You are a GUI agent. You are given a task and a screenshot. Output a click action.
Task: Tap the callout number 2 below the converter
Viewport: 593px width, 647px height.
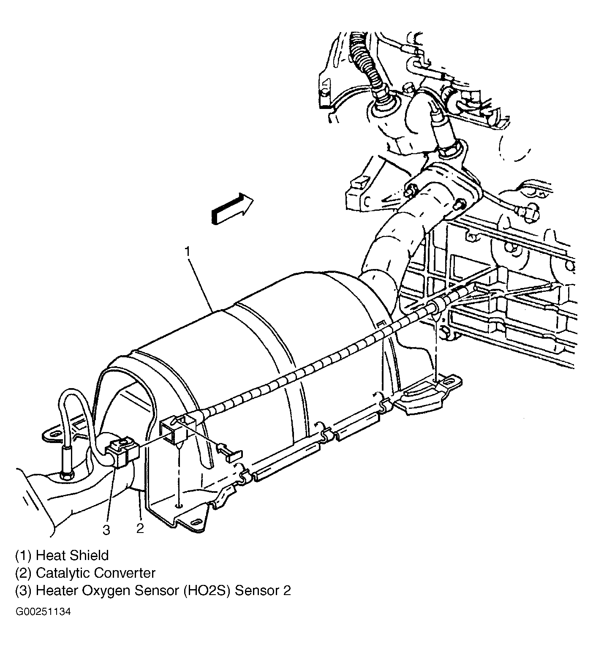pos(140,528)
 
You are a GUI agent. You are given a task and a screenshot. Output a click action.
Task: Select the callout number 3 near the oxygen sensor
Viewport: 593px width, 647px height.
pos(106,530)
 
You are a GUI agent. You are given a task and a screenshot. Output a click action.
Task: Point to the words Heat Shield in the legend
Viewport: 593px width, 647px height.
pos(72,555)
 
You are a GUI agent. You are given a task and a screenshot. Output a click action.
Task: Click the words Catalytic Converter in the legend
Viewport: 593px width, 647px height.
pos(95,573)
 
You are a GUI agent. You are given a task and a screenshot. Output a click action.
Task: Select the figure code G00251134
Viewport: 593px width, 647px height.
pos(43,612)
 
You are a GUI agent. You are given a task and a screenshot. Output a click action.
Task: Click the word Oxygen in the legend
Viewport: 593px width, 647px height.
pos(107,591)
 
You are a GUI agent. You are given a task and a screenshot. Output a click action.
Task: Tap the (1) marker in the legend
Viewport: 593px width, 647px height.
pos(24,556)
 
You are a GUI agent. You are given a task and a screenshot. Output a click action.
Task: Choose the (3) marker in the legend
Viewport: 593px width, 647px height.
pos(24,590)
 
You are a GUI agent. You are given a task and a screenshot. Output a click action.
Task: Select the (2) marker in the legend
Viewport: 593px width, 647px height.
pos(24,573)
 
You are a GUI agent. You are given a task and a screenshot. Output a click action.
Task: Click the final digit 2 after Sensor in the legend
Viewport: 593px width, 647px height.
pos(287,590)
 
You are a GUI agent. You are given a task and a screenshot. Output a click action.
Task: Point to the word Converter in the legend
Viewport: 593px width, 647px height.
pos(125,573)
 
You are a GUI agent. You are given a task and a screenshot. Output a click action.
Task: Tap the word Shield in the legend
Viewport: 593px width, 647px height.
pos(90,555)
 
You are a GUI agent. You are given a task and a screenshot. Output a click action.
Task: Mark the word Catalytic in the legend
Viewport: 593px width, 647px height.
pos(63,574)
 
